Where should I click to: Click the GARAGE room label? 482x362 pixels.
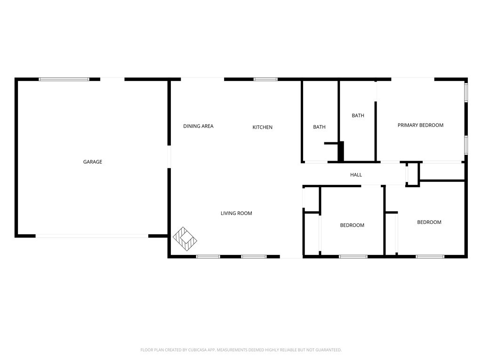tap(93, 162)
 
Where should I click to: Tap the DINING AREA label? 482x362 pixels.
tap(198, 126)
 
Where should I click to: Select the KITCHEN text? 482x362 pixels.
tap(263, 127)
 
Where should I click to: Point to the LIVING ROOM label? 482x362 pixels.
tap(236, 213)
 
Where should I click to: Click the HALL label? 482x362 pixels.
tap(356, 175)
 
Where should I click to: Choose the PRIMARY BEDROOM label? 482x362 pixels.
tap(420, 125)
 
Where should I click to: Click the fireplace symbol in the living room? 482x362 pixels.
tap(185, 239)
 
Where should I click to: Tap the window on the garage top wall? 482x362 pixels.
tap(64, 79)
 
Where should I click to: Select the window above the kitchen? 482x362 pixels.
tap(265, 79)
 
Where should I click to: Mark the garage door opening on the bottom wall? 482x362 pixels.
tap(92, 236)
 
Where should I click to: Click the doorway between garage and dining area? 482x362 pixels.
tap(169, 156)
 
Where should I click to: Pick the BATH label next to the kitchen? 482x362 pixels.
tap(320, 127)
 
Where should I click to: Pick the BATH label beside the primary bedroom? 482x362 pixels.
tap(358, 115)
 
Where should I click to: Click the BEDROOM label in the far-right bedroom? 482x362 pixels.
tap(429, 222)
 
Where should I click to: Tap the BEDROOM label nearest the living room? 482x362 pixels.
tap(352, 225)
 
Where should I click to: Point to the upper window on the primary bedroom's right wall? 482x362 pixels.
tap(466, 92)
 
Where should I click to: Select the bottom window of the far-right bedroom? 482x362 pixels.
tap(430, 256)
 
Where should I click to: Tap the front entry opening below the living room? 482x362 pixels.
tap(291, 256)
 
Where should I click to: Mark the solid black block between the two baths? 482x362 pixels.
tap(341, 151)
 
